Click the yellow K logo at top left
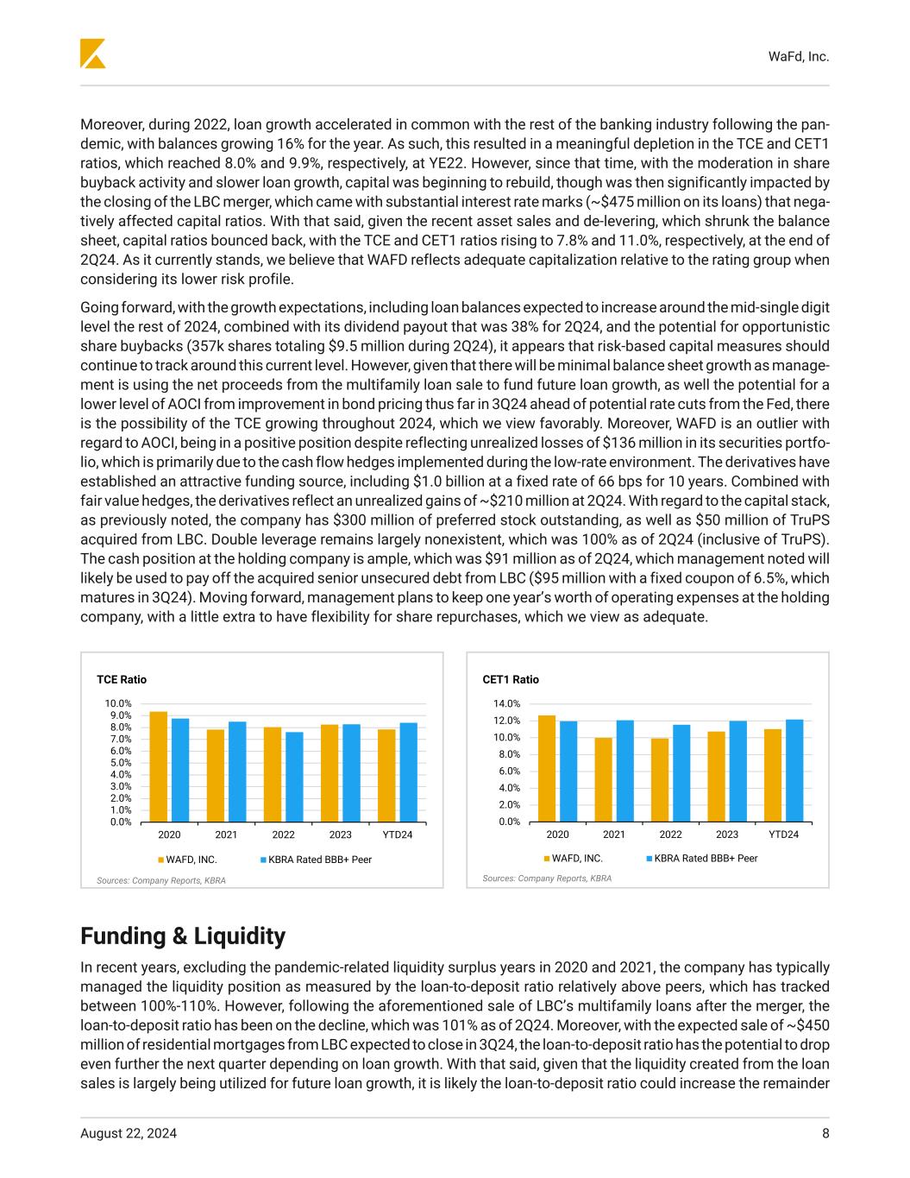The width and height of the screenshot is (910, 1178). pyautogui.click(x=92, y=54)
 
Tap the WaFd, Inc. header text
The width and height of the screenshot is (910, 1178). pyautogui.click(x=798, y=56)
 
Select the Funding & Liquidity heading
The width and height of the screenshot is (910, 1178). pyautogui.click(x=182, y=936)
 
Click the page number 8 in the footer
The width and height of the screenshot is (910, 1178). pyautogui.click(x=825, y=1134)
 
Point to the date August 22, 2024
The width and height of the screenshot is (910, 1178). pyautogui.click(x=129, y=1134)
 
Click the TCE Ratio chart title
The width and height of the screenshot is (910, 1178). pyautogui.click(x=122, y=679)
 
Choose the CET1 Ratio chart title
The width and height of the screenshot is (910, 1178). pyautogui.click(x=511, y=679)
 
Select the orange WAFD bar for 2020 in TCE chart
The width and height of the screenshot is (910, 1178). pyautogui.click(x=159, y=766)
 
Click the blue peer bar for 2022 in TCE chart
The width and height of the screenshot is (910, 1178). pyautogui.click(x=294, y=777)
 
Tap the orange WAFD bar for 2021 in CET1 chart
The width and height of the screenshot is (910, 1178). pyautogui.click(x=603, y=779)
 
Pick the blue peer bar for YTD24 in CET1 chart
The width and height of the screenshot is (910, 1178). pyautogui.click(x=794, y=770)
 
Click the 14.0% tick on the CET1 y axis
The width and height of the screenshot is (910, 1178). pyautogui.click(x=507, y=703)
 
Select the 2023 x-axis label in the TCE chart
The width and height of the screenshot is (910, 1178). pyautogui.click(x=340, y=835)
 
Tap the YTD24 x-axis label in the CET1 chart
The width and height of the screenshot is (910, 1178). pyautogui.click(x=783, y=835)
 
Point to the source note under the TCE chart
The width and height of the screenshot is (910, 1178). pyautogui.click(x=160, y=880)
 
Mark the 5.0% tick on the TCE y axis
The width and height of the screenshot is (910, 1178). pyautogui.click(x=120, y=762)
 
